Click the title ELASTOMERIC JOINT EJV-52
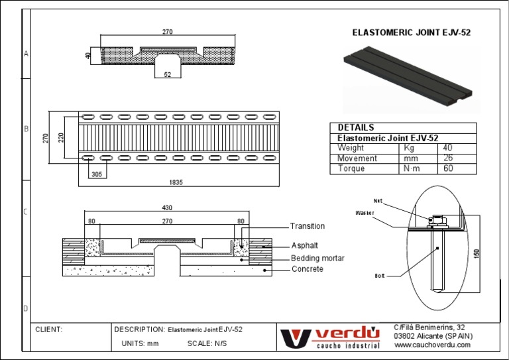[x=411, y=32]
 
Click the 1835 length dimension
[x=176, y=182]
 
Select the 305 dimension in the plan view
[x=97, y=174]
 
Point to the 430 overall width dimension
[x=167, y=208]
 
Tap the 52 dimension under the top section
[x=167, y=75]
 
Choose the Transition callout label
[x=308, y=226]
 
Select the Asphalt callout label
[x=304, y=245]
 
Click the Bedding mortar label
[x=317, y=258]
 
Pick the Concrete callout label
[x=308, y=269]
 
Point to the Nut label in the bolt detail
[x=378, y=201]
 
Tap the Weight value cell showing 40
[x=448, y=148]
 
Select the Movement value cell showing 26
[x=448, y=158]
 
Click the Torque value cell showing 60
[x=448, y=168]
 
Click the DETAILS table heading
[x=356, y=127]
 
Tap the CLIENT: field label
[x=50, y=330]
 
